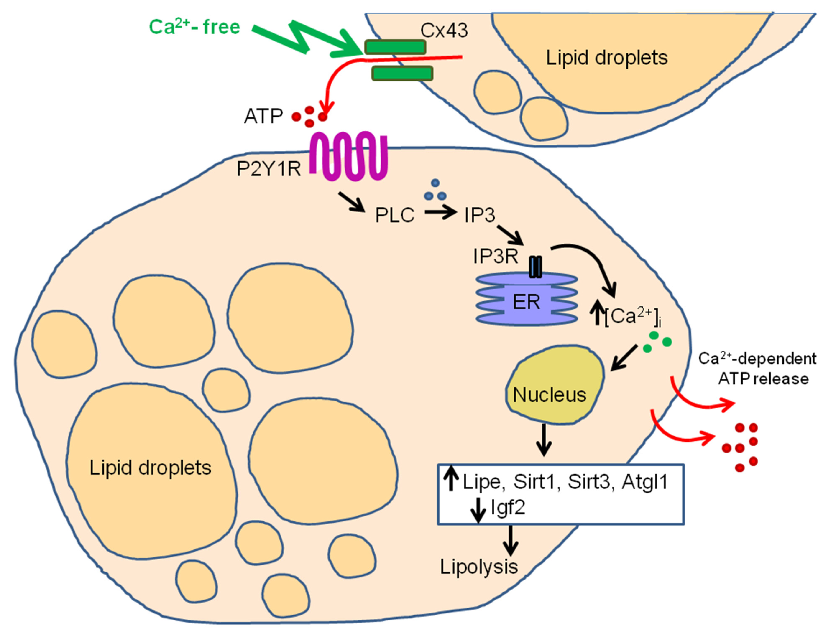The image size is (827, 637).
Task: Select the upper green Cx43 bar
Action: coord(395,47)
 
